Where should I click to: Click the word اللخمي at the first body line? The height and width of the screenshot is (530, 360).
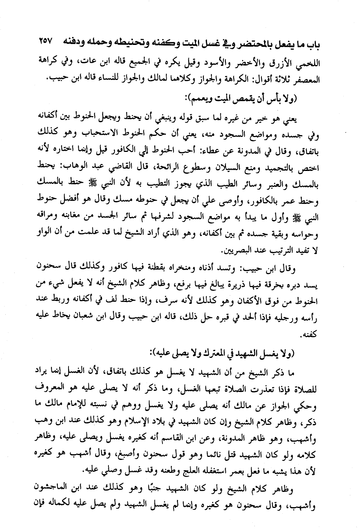point(309,61)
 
